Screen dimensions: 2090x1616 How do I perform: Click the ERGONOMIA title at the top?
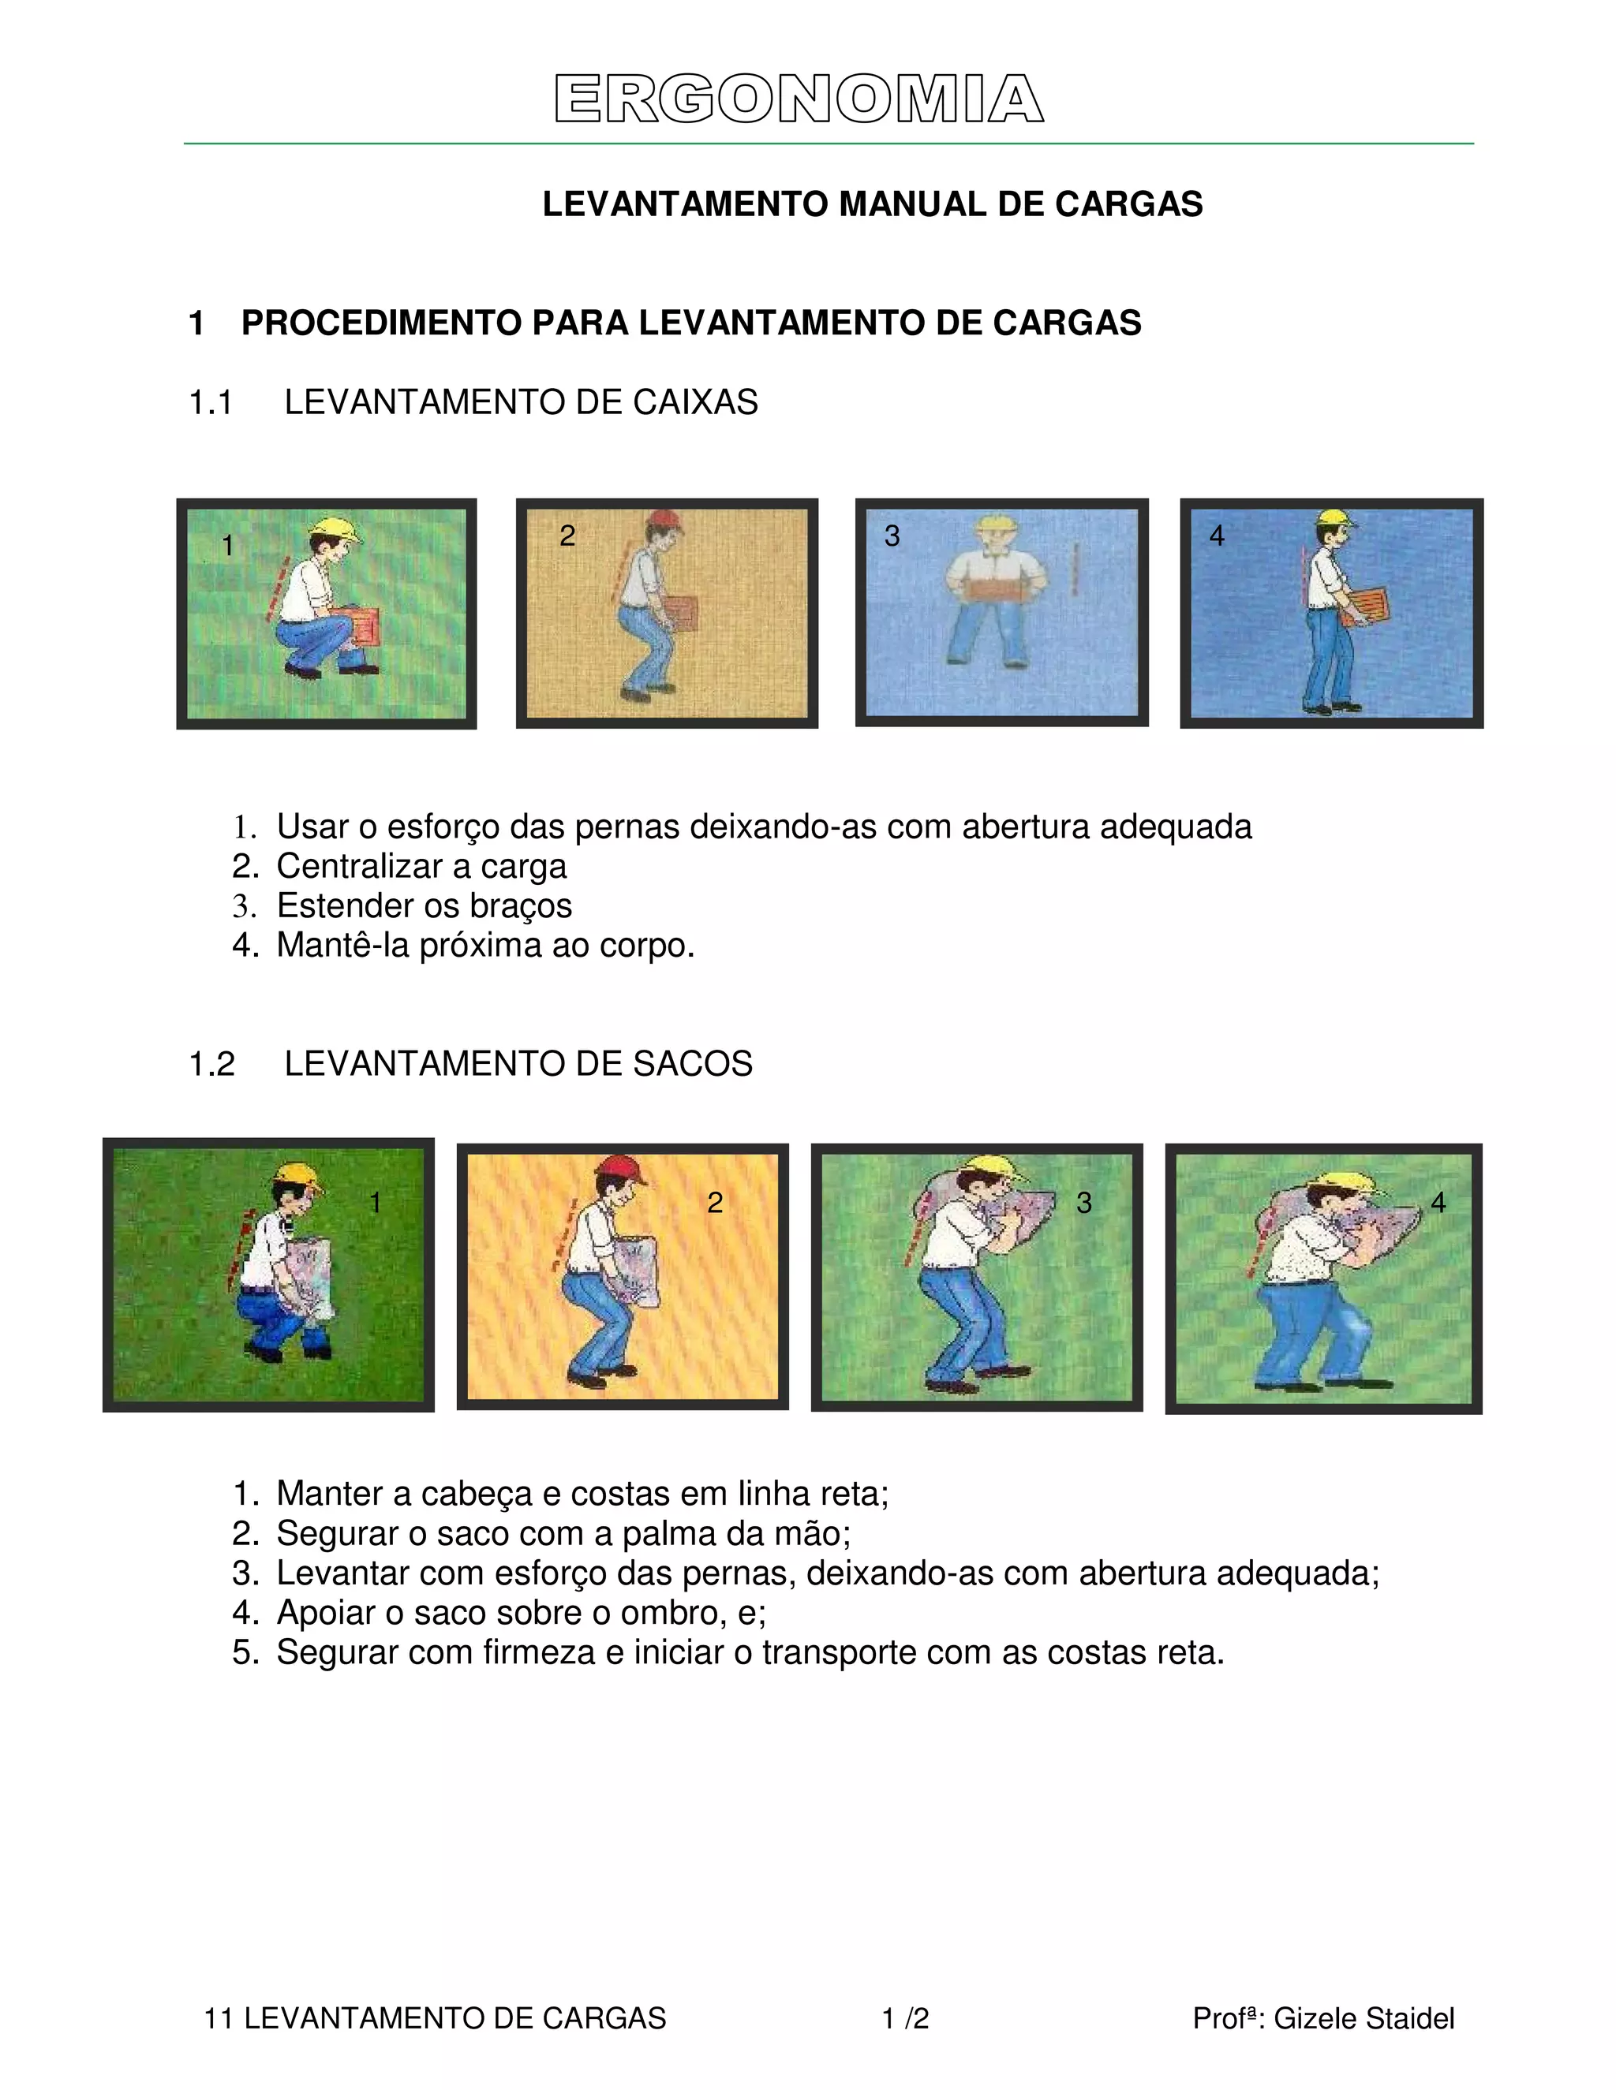tap(799, 99)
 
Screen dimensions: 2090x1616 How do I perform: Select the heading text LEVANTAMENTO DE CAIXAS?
tap(521, 402)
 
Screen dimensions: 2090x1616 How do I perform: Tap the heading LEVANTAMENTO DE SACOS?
tap(518, 1063)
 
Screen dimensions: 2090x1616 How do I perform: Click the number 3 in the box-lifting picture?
tap(892, 536)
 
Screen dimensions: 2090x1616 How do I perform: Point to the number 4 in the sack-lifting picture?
tap(1437, 1203)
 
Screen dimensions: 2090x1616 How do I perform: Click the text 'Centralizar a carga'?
tap(421, 866)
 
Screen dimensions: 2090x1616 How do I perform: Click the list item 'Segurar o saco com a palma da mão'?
tap(563, 1533)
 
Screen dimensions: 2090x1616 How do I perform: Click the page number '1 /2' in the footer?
tap(905, 2018)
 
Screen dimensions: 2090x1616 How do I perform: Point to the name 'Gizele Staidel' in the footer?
tap(1363, 2018)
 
